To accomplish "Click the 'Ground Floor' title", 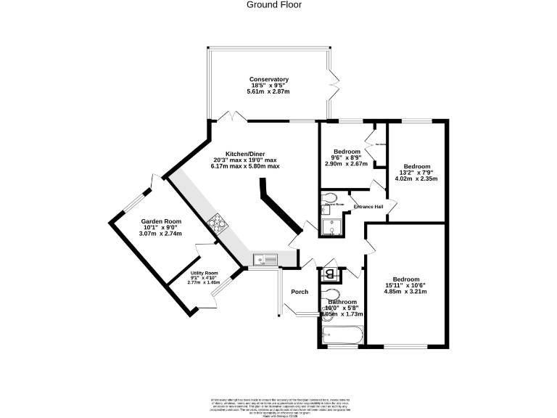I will point(274,5).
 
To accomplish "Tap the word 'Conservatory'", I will point(269,80).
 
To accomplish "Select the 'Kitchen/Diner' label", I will point(245,155).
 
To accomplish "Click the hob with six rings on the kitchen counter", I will point(216,224).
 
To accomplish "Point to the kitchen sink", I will point(264,258).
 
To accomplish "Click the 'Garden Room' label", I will point(161,221).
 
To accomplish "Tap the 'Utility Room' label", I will point(204,273).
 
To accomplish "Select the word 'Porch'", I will point(300,292).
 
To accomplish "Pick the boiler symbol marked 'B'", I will point(330,274).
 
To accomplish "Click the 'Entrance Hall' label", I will point(368,207).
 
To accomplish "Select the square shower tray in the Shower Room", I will point(331,227).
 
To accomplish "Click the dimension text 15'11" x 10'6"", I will point(406,286).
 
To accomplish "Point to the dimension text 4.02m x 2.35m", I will point(416,179).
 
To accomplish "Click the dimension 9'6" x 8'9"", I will point(346,158).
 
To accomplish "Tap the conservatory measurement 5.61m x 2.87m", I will point(268,92).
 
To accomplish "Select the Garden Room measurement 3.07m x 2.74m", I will point(161,234).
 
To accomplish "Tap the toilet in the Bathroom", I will point(330,294).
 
